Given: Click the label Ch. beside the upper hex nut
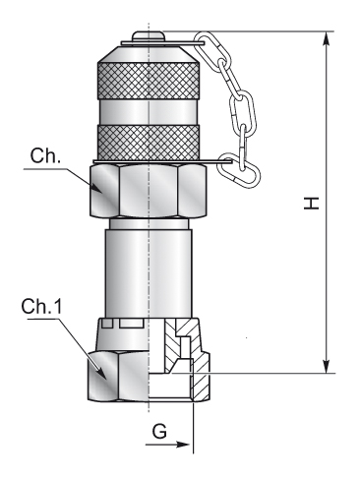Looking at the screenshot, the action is coord(45,156).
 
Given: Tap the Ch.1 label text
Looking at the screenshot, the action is coord(41,307).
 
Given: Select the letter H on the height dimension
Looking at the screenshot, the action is coord(311,204).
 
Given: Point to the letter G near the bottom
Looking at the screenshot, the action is coord(159,432).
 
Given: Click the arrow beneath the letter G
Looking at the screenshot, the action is coord(167,445).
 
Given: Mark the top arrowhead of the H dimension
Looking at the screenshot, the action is coord(326,39).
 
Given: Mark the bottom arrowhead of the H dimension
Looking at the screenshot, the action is coord(326,366).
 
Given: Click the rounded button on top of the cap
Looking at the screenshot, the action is coord(148,36).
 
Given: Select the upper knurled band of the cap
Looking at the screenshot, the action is coord(149,81).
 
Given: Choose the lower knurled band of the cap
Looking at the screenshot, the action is coord(149,143).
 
